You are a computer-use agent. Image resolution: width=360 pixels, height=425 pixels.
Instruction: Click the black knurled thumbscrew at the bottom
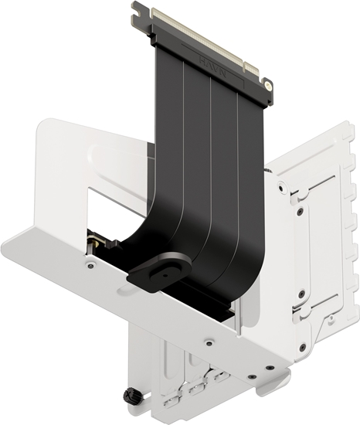pos(131,397)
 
